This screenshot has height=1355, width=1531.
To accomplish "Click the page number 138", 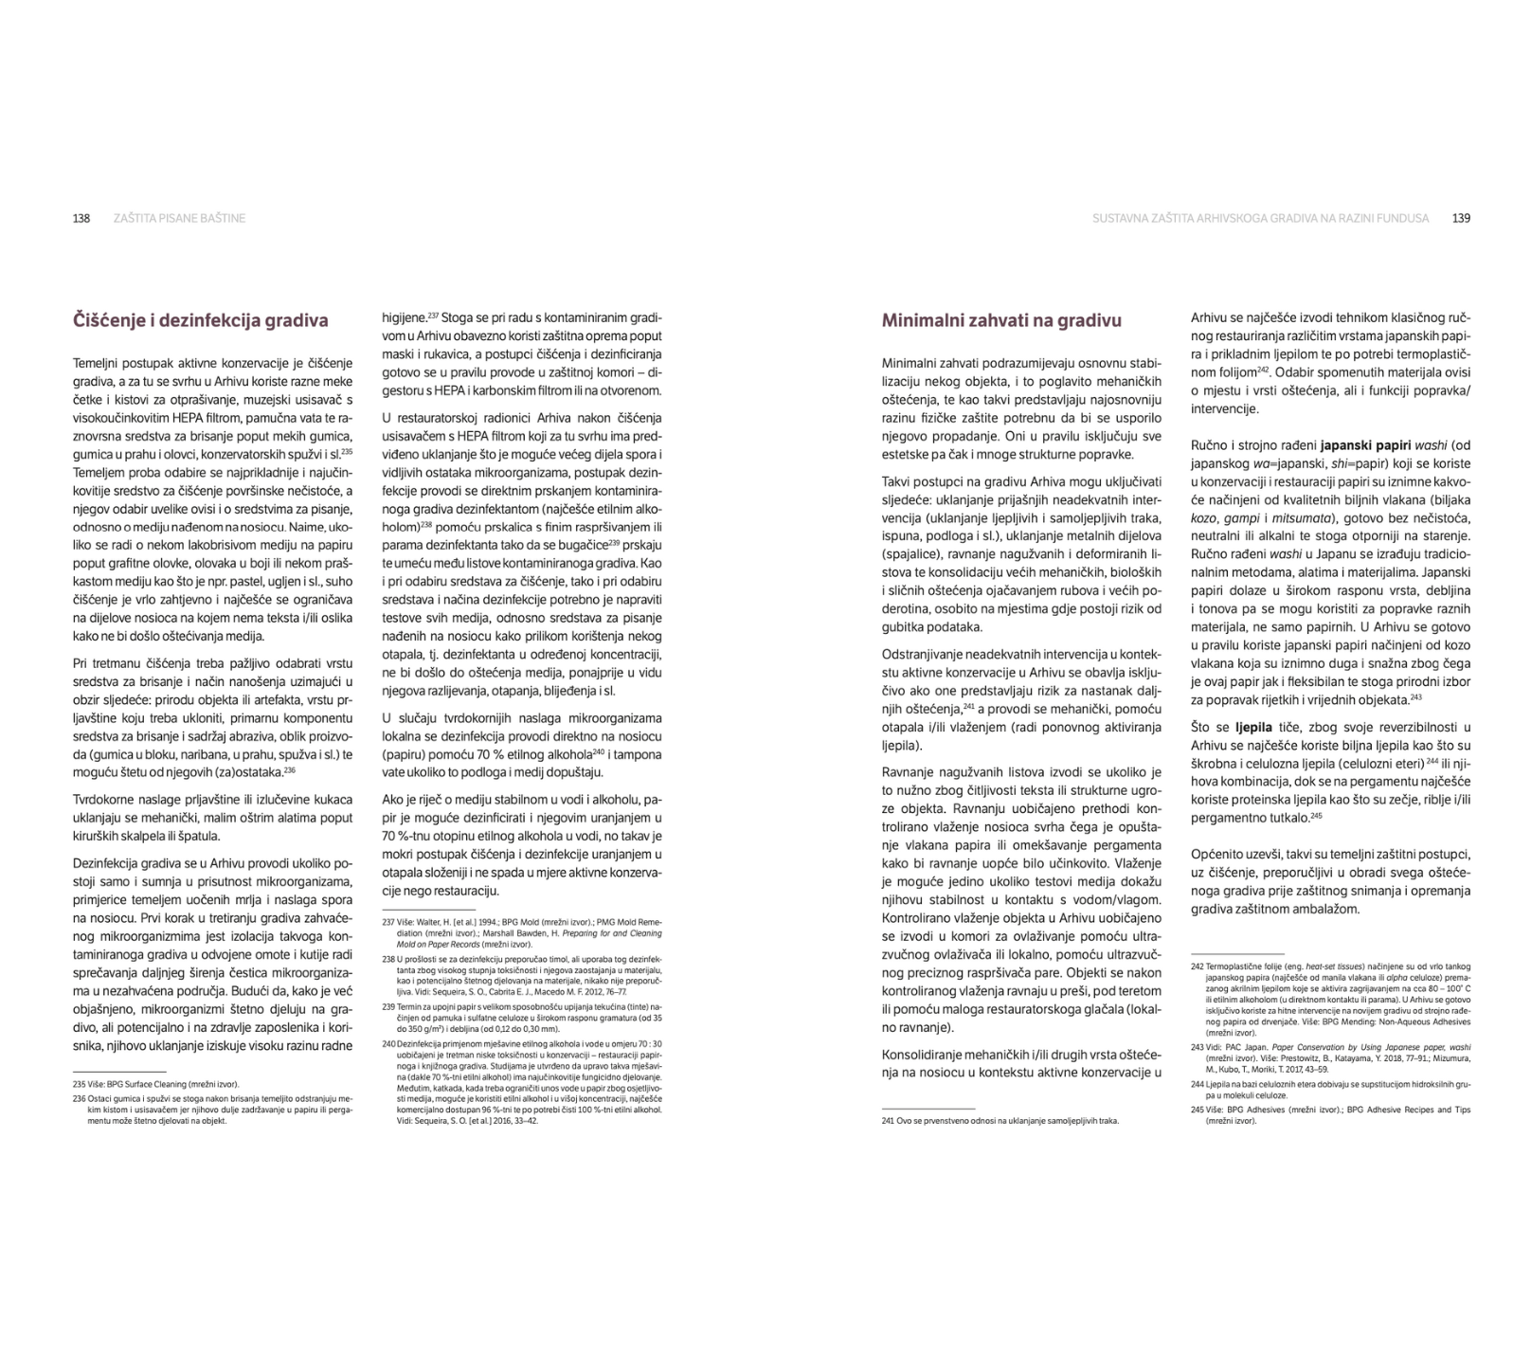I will tap(81, 219).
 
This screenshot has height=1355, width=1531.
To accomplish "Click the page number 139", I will tap(1461, 219).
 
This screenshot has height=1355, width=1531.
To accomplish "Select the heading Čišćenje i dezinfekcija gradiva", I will tap(201, 320).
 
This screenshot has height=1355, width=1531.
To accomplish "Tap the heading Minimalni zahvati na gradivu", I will tap(1001, 320).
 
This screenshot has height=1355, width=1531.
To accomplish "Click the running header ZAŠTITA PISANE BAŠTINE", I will tap(179, 219).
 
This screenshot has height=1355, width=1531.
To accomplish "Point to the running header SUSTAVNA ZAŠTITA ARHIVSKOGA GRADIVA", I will tap(1260, 219).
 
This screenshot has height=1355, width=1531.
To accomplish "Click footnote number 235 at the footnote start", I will tap(80, 1084).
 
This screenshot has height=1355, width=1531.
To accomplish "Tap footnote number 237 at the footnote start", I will tap(388, 921).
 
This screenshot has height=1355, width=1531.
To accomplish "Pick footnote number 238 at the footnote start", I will tap(388, 959).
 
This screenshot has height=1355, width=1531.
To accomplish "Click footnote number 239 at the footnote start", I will tap(388, 1006).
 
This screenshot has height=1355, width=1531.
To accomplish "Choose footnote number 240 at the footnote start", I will tap(388, 1044).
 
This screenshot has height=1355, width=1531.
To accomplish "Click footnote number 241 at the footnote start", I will tap(889, 1121).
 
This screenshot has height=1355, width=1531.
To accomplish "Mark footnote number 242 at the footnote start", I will tap(1198, 967).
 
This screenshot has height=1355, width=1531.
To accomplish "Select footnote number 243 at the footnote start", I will tap(1198, 1048).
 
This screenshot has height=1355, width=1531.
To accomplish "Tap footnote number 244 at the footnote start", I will tap(1198, 1083).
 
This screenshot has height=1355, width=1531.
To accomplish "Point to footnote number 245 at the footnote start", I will tap(1198, 1110).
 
